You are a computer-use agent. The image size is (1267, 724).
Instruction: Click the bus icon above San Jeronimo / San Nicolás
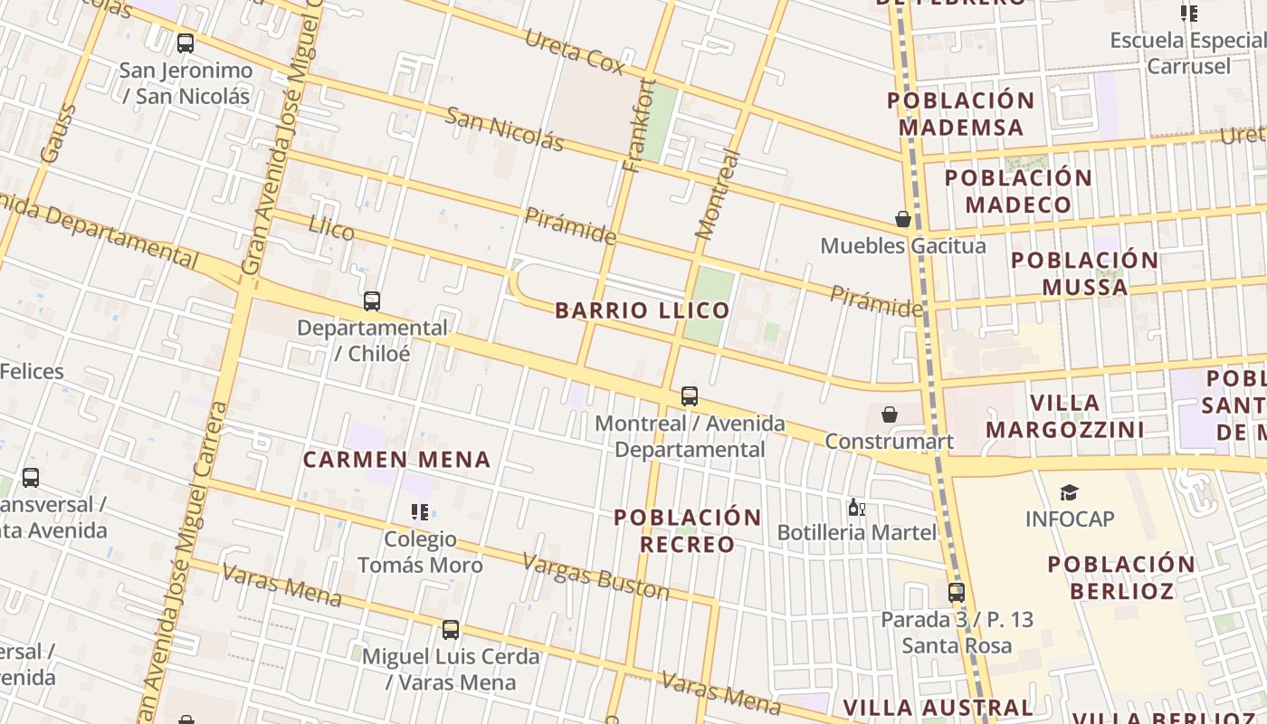[186, 43]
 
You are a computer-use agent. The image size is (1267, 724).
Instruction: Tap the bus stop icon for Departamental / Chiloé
[372, 301]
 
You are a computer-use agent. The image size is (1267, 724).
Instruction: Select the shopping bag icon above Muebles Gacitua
[902, 219]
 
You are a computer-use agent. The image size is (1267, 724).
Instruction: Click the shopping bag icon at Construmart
[890, 414]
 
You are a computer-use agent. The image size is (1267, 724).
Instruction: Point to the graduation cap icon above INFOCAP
[1070, 492]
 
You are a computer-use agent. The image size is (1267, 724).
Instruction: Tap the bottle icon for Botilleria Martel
[856, 507]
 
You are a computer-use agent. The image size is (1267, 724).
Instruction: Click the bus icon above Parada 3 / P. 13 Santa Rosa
[957, 593]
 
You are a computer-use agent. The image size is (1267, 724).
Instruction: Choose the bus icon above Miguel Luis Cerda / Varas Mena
[451, 629]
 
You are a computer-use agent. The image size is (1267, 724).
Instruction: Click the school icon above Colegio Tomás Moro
[420, 513]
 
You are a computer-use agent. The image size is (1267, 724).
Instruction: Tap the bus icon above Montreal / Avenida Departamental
[690, 396]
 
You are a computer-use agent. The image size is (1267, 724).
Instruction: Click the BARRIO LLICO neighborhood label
[642, 310]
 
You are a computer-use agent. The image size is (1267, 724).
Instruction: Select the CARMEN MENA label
[396, 460]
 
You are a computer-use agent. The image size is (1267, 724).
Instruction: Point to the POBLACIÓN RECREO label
[688, 530]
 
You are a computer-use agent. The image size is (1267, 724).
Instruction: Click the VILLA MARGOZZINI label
[1065, 415]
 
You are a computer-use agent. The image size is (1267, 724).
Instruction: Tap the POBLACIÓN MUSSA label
[1084, 273]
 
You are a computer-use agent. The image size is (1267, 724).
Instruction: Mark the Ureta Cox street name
[575, 51]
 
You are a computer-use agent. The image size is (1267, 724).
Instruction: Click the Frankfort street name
[640, 125]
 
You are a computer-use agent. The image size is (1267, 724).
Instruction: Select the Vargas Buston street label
[595, 576]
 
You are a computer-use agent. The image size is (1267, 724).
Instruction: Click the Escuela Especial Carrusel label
[1188, 52]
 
